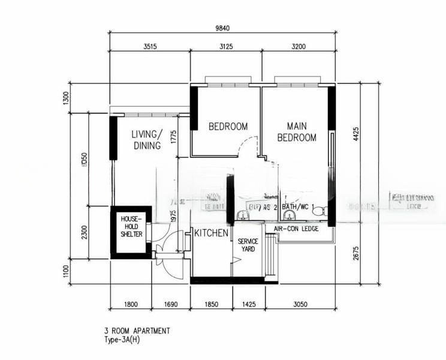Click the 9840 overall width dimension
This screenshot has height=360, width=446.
(x=222, y=27)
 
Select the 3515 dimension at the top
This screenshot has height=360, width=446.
(x=150, y=46)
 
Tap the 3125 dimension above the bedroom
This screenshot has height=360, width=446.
(x=225, y=46)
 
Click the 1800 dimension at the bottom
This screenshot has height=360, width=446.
(x=131, y=304)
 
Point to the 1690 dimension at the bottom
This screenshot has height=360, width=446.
(x=171, y=304)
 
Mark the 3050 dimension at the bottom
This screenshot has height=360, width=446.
(x=300, y=304)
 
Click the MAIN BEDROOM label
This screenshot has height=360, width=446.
(x=297, y=132)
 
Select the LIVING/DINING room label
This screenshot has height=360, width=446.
(x=147, y=139)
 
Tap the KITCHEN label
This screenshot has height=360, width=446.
(x=210, y=233)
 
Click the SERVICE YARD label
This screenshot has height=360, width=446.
(x=248, y=245)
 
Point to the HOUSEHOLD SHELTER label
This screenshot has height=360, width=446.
(x=131, y=226)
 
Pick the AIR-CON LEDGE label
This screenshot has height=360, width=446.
(x=296, y=229)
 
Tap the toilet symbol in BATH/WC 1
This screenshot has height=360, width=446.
(x=318, y=211)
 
